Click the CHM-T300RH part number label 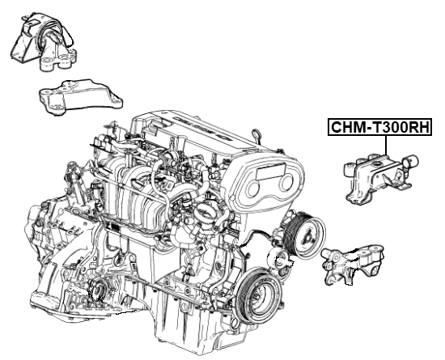pyautogui.click(x=379, y=128)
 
